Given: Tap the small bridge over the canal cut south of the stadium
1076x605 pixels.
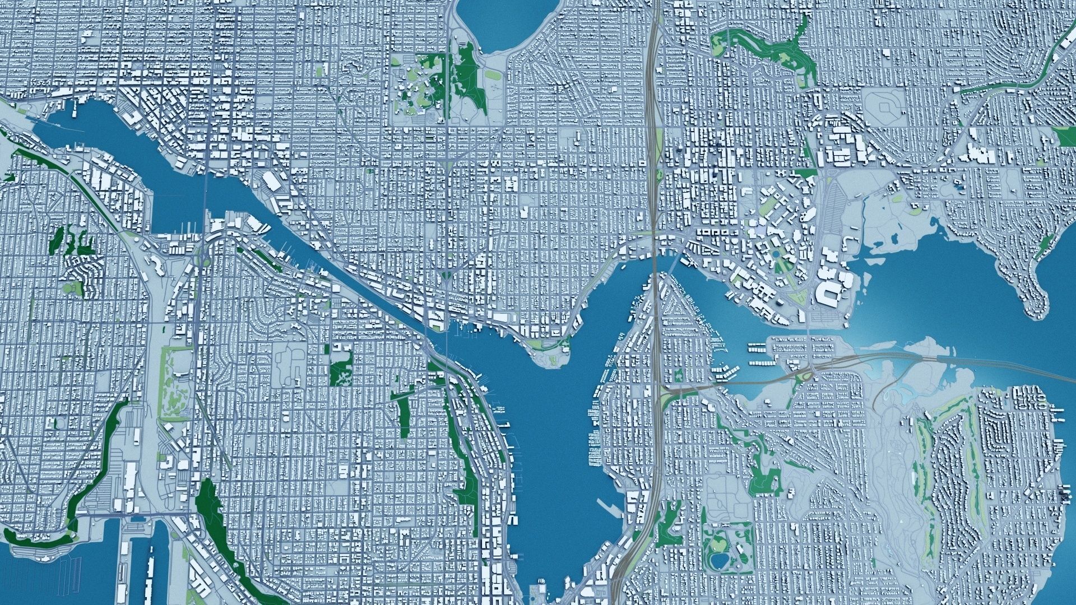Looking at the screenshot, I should tap(809, 331).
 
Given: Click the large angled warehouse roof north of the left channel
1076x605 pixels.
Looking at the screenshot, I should tap(273, 182).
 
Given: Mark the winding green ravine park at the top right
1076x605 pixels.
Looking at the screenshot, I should tap(768, 48).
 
